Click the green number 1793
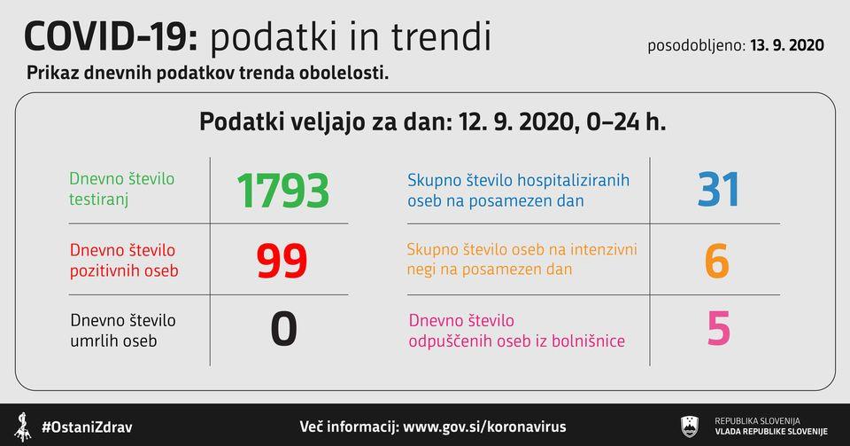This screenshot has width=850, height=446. [283, 191]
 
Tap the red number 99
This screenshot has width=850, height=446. [282, 261]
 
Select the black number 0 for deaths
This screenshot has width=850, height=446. [283, 329]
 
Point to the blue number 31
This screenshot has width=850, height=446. [718, 190]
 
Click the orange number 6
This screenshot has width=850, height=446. [716, 261]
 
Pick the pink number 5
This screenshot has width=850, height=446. [719, 328]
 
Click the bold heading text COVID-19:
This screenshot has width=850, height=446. [112, 37]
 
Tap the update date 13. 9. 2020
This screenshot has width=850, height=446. [787, 45]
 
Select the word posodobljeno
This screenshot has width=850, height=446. [697, 45]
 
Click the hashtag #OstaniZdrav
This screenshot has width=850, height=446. [87, 427]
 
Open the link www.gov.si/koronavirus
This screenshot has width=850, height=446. [484, 426]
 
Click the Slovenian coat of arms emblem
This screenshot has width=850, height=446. [690, 426]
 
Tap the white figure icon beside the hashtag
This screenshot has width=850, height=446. [22, 427]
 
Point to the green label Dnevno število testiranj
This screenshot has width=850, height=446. [122, 189]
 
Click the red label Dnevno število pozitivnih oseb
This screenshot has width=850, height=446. [124, 261]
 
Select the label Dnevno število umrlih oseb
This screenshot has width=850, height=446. [123, 331]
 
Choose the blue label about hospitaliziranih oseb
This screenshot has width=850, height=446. [518, 190]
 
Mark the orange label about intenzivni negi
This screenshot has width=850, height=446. [522, 259]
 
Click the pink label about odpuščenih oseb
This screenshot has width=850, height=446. [516, 331]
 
